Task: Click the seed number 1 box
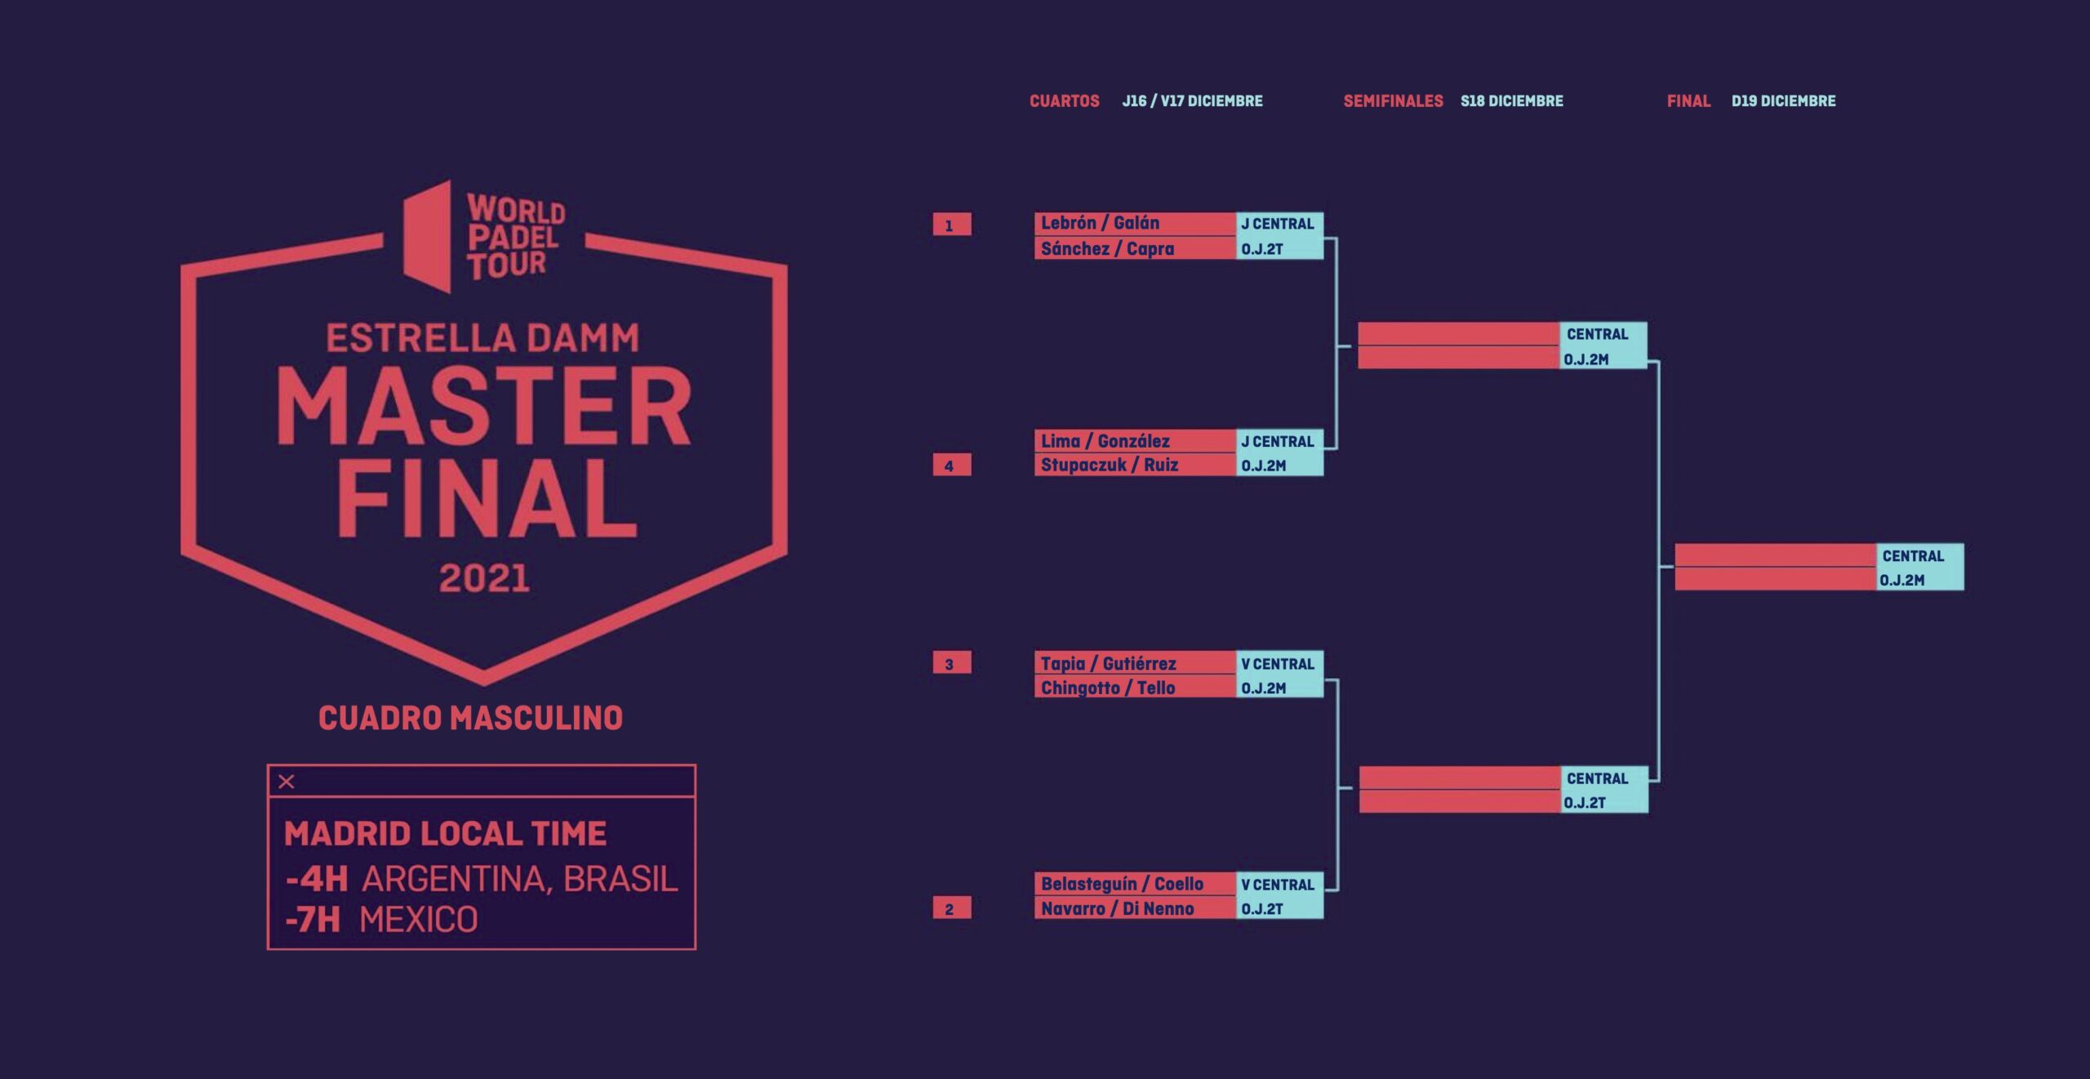pyautogui.click(x=952, y=225)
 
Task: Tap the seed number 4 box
pyautogui.click(x=952, y=466)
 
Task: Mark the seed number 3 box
pyautogui.click(x=952, y=663)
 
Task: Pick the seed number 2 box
pyautogui.click(x=952, y=908)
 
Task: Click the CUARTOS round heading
pyautogui.click(x=1064, y=101)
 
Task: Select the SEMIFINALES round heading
pyautogui.click(x=1393, y=101)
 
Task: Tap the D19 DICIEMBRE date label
pyautogui.click(x=1783, y=101)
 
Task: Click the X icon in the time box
pyautogui.click(x=287, y=782)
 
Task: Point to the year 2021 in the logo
pyautogui.click(x=484, y=578)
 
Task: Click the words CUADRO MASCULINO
pyautogui.click(x=470, y=718)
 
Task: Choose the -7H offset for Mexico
pyautogui.click(x=313, y=920)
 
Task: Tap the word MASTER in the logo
pyautogui.click(x=484, y=406)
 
